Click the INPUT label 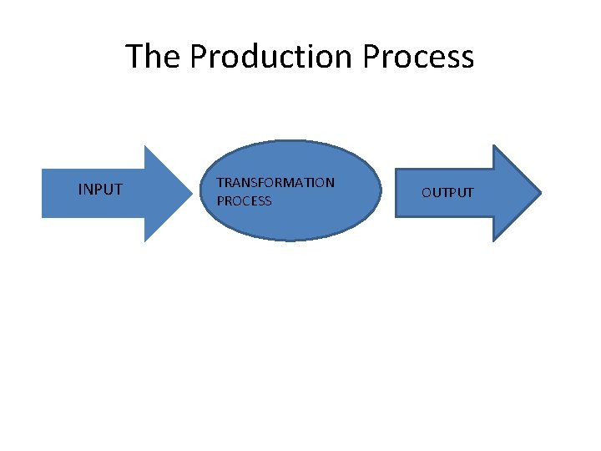pyautogui.click(x=100, y=190)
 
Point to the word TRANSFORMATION pyautogui.click(x=275, y=182)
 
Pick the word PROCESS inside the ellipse pyautogui.click(x=244, y=201)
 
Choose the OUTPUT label pyautogui.click(x=447, y=193)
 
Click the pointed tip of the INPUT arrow pyautogui.click(x=192, y=194)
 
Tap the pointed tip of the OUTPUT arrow pyautogui.click(x=541, y=194)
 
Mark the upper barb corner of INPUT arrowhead pyautogui.click(x=145, y=146)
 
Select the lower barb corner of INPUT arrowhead pyautogui.click(x=145, y=241)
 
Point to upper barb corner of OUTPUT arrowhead pyautogui.click(x=494, y=146)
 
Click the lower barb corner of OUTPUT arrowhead pyautogui.click(x=494, y=241)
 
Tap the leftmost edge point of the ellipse pyautogui.click(x=202, y=190)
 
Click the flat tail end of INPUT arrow pyautogui.click(x=43, y=194)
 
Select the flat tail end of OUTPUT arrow pyautogui.click(x=395, y=194)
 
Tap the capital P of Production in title pyautogui.click(x=199, y=57)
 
